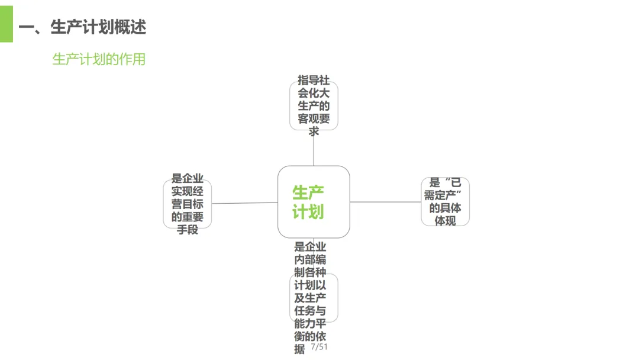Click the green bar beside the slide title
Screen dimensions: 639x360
[x=6, y=24]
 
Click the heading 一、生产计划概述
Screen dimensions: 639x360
[x=82, y=27]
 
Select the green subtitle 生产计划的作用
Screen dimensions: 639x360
[x=99, y=59]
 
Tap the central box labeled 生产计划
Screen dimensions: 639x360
[x=314, y=202]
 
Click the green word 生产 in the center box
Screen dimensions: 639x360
[x=308, y=192]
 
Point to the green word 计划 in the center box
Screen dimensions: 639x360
[x=308, y=211]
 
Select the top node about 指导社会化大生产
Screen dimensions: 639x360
[x=314, y=105]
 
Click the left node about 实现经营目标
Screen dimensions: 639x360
[x=187, y=204]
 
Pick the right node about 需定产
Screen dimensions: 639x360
[x=445, y=201]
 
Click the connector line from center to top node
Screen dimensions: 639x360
[x=314, y=148]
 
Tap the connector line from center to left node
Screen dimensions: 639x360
[x=244, y=203]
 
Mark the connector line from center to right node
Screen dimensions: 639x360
[x=385, y=202]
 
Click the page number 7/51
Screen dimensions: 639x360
[x=319, y=347]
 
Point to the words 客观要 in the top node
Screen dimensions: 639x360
[x=314, y=118]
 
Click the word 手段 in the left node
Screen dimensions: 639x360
[x=188, y=230]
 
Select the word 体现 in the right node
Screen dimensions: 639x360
[x=445, y=221]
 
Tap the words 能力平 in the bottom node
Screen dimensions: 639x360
[x=310, y=324]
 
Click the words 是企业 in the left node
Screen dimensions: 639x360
[x=188, y=178]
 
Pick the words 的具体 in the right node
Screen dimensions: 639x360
[x=446, y=208]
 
